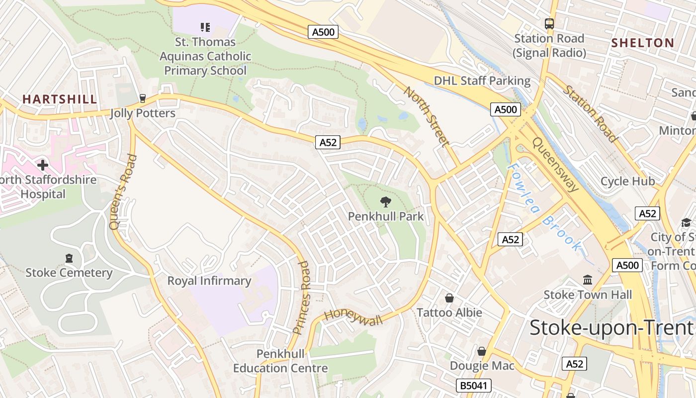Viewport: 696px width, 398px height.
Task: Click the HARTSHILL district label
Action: [60, 99]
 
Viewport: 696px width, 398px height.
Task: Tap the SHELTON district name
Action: [642, 43]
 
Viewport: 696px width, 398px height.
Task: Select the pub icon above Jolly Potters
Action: [143, 99]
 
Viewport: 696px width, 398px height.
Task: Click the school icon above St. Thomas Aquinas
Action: [205, 27]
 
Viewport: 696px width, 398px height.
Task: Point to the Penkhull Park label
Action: [386, 216]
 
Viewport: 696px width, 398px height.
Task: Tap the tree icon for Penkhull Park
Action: [385, 201]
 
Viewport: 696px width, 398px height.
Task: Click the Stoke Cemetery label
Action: [69, 273]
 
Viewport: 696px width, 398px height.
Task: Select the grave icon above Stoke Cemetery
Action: [69, 258]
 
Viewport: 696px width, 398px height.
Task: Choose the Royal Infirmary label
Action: [209, 281]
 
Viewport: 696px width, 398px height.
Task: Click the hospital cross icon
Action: [43, 165]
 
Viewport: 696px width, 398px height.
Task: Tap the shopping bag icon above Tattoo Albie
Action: [449, 298]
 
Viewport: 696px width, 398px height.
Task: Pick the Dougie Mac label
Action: [482, 366]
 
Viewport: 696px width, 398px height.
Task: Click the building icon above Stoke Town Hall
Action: [588, 280]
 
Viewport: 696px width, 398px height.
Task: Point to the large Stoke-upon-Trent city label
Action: [611, 328]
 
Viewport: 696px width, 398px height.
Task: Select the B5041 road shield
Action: [474, 386]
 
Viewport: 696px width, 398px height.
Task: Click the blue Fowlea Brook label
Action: [544, 207]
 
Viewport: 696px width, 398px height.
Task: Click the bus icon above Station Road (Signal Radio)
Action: [549, 23]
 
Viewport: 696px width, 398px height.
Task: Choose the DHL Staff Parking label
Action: [482, 81]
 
